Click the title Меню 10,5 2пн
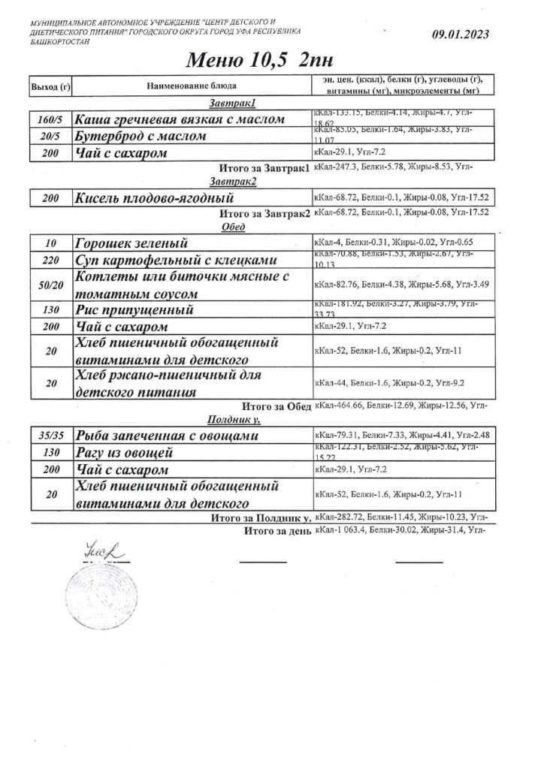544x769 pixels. pyautogui.click(x=250, y=59)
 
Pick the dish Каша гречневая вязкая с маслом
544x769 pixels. pyautogui.click(x=180, y=120)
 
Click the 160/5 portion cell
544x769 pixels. pyautogui.click(x=50, y=120)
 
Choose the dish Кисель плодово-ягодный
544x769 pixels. pyautogui.click(x=154, y=199)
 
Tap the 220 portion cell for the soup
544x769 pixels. pyautogui.click(x=50, y=261)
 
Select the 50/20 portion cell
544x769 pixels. pyautogui.click(x=50, y=285)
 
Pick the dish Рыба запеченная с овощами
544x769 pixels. pyautogui.click(x=167, y=436)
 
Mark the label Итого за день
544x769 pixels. pyautogui.click(x=277, y=532)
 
